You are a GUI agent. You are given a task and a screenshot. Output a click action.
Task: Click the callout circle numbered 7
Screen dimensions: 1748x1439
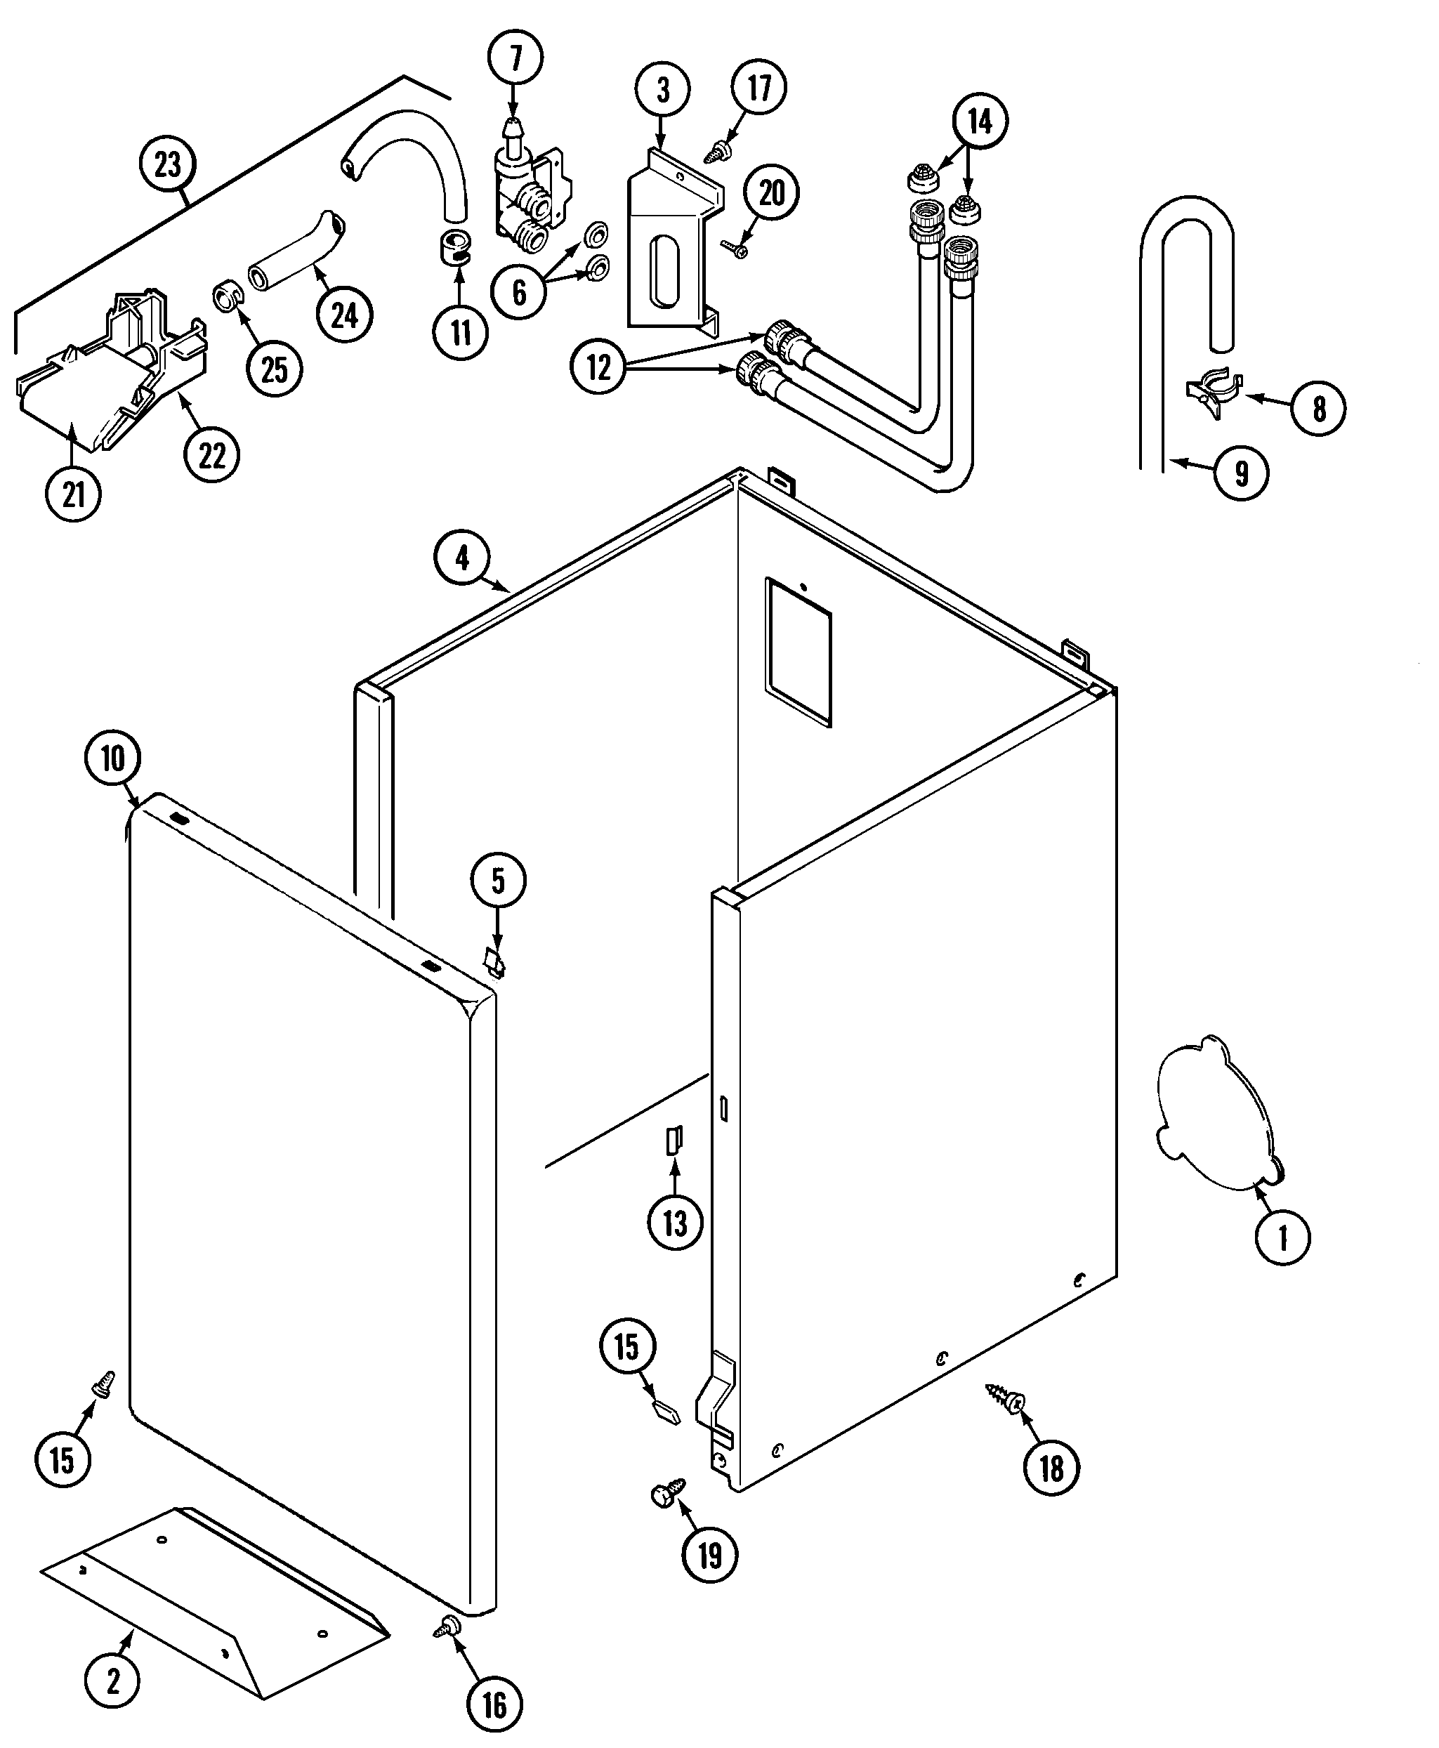click(x=515, y=58)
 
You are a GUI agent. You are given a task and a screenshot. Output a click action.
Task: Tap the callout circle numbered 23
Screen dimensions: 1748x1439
click(x=167, y=163)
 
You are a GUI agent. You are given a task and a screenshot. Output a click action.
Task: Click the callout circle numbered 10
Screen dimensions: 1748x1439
click(x=113, y=758)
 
